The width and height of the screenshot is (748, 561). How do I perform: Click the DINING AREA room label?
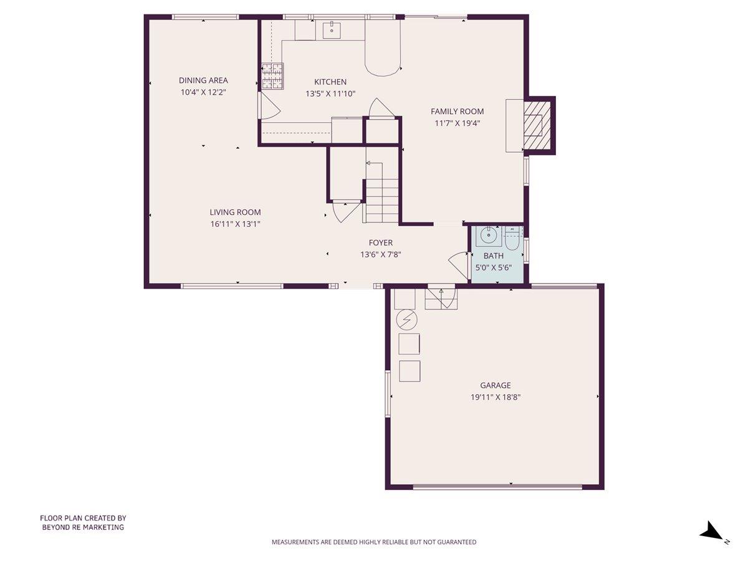[203, 80]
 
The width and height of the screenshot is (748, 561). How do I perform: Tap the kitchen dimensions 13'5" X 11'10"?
[330, 93]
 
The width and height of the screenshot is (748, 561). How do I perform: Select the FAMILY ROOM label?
[457, 112]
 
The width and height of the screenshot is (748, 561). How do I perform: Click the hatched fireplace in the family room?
[537, 126]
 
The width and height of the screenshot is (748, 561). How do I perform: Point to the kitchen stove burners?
[272, 77]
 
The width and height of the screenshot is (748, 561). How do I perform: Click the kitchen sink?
[332, 29]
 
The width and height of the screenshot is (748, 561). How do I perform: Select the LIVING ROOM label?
[235, 212]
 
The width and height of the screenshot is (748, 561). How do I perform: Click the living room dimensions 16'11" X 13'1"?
[235, 224]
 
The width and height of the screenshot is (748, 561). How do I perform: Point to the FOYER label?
[380, 242]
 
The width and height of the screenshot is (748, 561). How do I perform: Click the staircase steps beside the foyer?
[381, 201]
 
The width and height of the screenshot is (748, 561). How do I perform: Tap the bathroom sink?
[488, 236]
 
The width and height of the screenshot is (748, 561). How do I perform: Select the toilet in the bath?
[513, 237]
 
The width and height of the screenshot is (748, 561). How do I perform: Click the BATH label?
[493, 256]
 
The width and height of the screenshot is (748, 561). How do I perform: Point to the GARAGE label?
[495, 385]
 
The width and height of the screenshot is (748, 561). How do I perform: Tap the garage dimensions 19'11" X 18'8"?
[495, 397]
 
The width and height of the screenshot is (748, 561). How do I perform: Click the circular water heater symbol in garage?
[406, 320]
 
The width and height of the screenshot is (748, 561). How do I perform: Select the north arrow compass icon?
[711, 532]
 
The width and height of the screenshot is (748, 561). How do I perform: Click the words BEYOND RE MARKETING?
[83, 527]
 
